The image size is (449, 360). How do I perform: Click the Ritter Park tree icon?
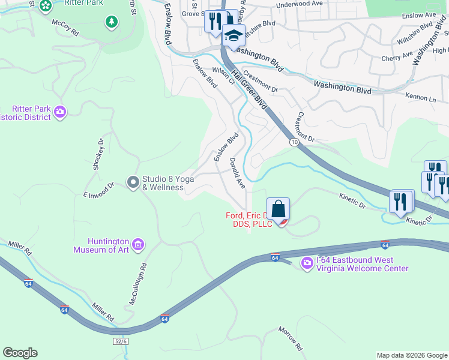[111, 22]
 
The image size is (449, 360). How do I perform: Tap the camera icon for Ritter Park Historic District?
[59, 112]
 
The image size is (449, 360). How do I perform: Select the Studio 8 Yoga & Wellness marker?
[133, 181]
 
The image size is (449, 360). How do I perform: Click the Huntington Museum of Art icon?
[138, 244]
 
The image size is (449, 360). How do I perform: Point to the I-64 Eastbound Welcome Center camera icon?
[307, 263]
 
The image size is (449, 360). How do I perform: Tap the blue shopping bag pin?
[279, 209]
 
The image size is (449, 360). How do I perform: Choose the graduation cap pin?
[234, 37]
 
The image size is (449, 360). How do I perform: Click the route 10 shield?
[293, 142]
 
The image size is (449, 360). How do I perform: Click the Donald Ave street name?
[238, 174]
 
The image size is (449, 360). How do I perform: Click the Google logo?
[20, 353]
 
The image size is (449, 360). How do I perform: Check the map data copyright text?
[412, 355]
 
